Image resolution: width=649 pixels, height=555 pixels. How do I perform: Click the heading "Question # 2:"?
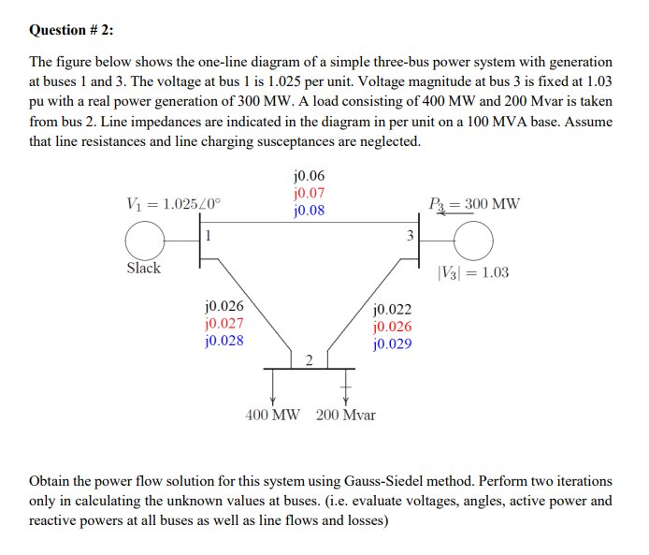coord(73,30)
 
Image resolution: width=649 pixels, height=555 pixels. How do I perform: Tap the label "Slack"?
coord(143,269)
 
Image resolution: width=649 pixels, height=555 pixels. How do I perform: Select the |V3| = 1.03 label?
coord(473,273)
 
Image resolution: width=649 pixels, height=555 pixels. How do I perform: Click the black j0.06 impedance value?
coord(309,176)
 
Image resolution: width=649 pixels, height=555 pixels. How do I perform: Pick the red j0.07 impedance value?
coord(309,193)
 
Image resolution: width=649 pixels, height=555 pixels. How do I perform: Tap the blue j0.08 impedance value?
coord(309,211)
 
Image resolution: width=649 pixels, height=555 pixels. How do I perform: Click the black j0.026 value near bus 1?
coord(224,305)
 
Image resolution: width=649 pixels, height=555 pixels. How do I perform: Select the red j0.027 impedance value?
coord(224,323)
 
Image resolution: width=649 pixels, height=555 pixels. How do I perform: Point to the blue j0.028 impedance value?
coord(224,341)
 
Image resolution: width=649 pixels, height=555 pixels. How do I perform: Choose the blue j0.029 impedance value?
coord(391,343)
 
